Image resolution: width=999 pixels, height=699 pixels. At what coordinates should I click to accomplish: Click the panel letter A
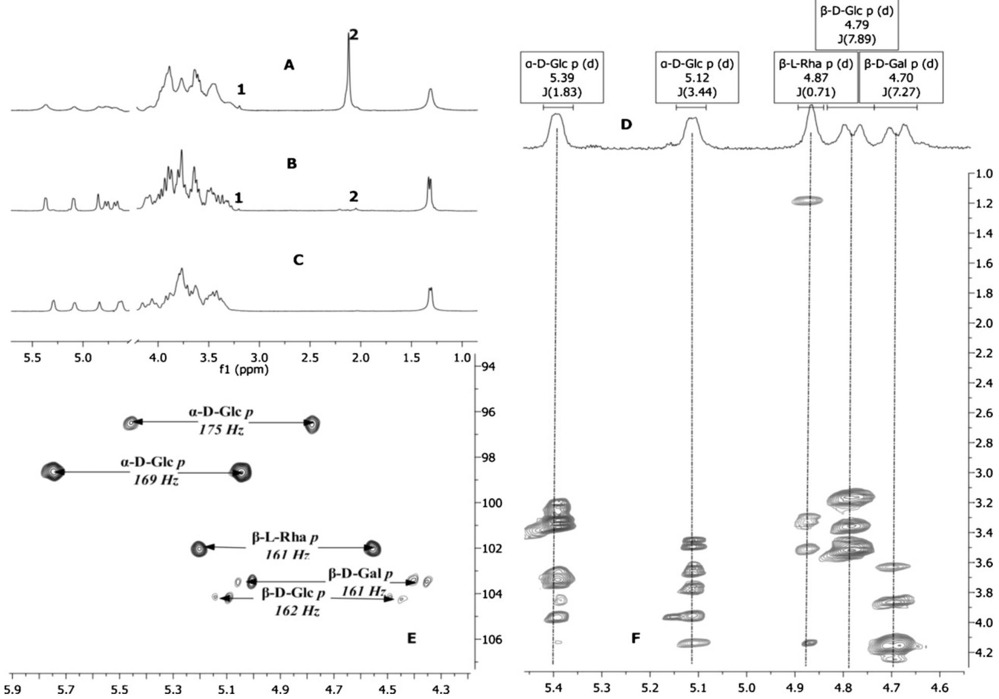(289, 65)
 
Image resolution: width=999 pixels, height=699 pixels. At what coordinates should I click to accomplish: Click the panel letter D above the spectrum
(626, 124)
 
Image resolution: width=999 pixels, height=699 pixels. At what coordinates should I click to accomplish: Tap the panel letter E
(411, 638)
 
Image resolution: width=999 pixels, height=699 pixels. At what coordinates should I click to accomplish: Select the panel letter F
(635, 638)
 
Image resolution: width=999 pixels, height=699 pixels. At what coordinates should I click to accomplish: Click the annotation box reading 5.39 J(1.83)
(562, 77)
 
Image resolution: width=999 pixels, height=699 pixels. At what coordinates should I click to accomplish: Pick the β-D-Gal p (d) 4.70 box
(901, 77)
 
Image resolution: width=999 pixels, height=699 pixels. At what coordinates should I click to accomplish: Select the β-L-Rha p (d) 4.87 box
(816, 77)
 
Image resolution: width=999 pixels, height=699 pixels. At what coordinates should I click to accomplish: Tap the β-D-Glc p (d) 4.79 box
(856, 24)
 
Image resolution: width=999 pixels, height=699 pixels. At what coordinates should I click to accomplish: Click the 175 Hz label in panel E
(221, 430)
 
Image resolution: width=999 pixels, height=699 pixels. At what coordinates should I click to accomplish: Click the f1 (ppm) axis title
(243, 369)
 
